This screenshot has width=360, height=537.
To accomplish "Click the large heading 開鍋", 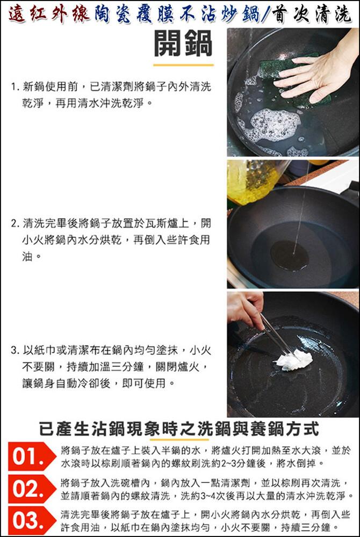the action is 183,43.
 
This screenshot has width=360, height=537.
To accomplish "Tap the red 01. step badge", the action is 31,456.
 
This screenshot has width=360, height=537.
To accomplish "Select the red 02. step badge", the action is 31,489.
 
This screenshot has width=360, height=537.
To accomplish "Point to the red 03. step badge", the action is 31,520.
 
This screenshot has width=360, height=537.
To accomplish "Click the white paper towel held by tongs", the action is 294,360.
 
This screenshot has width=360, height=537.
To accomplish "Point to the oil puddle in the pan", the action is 289,256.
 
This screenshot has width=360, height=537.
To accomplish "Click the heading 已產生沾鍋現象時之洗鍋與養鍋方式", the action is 179,429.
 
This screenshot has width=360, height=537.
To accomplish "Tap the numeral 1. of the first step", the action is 15,87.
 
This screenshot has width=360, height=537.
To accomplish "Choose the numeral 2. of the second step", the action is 15,224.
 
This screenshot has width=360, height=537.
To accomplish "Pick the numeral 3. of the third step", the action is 15,351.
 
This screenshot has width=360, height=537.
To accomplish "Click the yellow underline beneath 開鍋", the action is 183,65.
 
